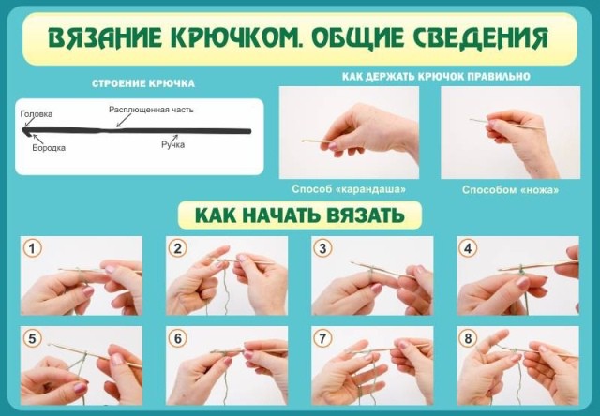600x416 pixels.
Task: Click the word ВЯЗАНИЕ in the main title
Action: [x=105, y=37]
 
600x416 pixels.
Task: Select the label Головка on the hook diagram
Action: [x=37, y=114]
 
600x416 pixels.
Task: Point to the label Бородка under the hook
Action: [x=49, y=148]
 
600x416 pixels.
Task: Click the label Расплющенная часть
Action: [x=151, y=110]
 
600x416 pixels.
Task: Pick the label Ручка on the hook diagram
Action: [x=172, y=145]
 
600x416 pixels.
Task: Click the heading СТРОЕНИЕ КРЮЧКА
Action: [x=143, y=83]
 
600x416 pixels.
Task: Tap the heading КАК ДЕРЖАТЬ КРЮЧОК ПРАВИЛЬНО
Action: [x=436, y=77]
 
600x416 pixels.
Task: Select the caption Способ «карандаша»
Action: [x=349, y=189]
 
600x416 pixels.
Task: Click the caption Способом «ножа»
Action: [x=510, y=189]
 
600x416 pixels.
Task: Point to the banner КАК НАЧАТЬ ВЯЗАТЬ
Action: [x=300, y=215]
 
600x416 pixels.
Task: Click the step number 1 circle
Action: [x=32, y=248]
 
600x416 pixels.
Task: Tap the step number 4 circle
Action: [x=468, y=248]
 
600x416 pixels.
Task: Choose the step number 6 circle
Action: [x=177, y=338]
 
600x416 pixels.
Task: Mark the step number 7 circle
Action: [x=322, y=338]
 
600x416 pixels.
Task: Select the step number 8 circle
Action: [x=468, y=338]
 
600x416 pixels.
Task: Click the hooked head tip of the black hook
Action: [x=24, y=131]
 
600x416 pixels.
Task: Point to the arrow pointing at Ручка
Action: [x=174, y=138]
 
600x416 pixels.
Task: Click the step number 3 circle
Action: [x=322, y=248]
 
